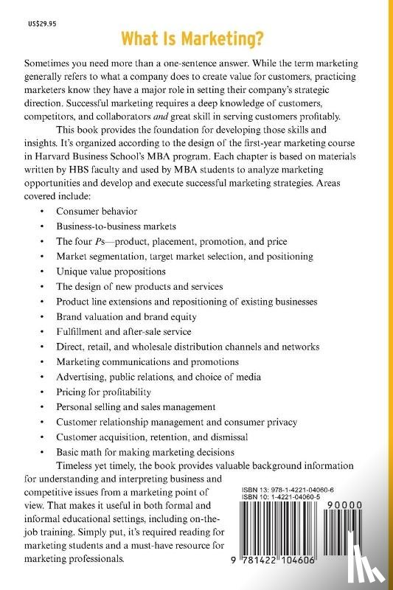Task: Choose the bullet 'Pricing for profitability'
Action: [x=104, y=392]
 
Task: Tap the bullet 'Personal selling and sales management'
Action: [x=136, y=406]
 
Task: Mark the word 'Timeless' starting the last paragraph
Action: [x=76, y=466]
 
